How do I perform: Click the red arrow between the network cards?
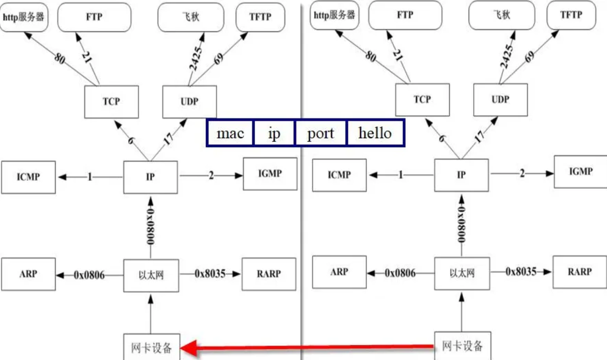(x=307, y=348)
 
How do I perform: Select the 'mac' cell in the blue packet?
(x=230, y=133)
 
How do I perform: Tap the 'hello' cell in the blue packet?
(x=375, y=133)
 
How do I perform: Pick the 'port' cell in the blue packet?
(x=320, y=133)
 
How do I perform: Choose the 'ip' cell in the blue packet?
(x=274, y=133)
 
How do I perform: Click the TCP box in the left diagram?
(x=111, y=102)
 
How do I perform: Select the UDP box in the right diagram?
(x=500, y=99)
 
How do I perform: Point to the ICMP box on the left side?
(x=28, y=177)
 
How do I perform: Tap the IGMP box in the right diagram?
(x=580, y=172)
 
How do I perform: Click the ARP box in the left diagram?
(x=28, y=274)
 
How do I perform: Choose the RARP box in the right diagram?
(x=579, y=272)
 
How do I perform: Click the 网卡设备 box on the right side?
(x=462, y=346)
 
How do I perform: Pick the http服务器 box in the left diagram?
(x=24, y=16)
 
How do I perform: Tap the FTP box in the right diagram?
(x=405, y=14)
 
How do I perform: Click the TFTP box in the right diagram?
(x=571, y=14)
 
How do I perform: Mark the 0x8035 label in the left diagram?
(x=210, y=274)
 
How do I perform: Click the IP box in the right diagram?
(x=461, y=175)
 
